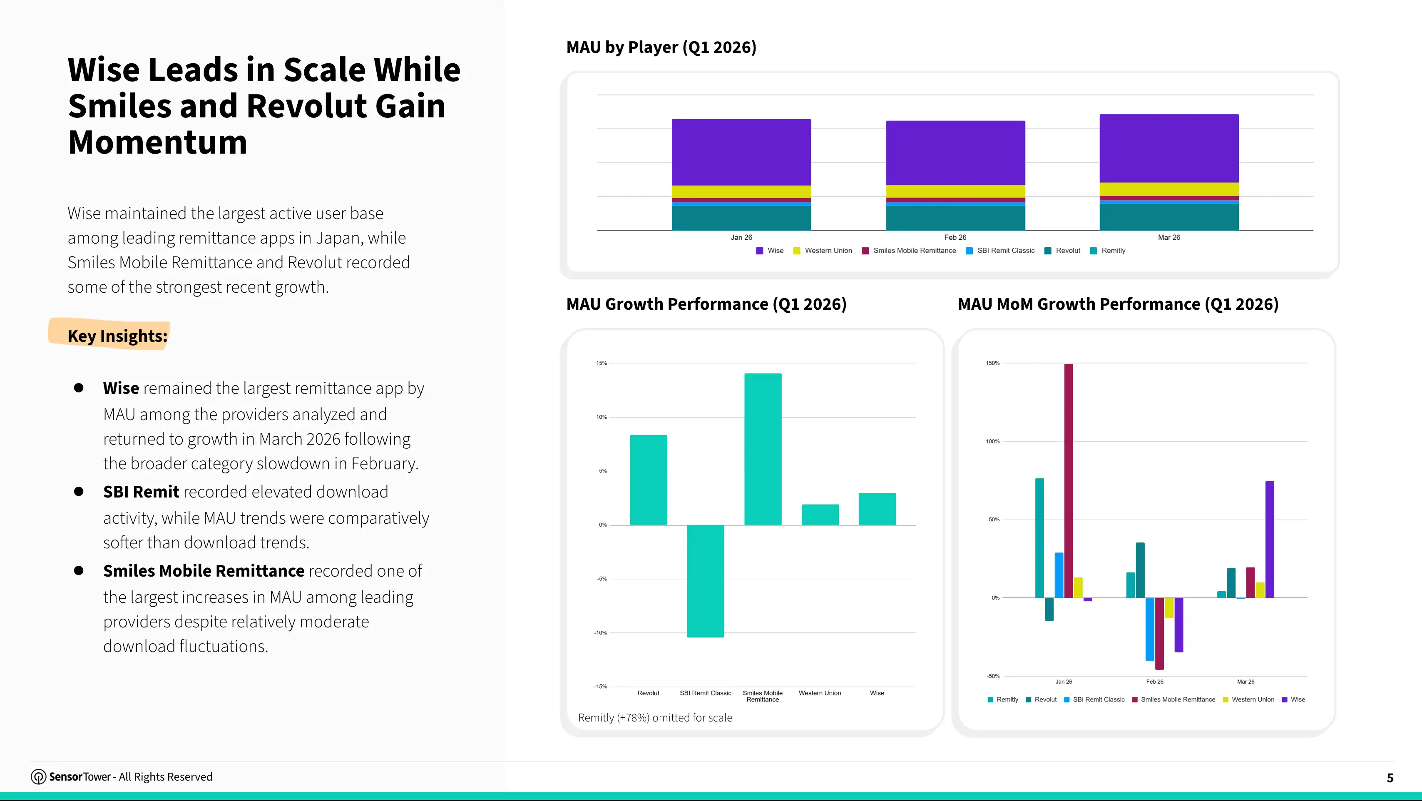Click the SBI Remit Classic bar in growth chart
click(x=706, y=581)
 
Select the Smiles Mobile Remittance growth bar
click(x=763, y=449)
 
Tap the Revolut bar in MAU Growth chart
click(x=649, y=480)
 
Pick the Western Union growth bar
click(x=820, y=515)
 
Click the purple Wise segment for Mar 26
click(x=1169, y=148)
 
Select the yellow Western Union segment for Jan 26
click(x=741, y=192)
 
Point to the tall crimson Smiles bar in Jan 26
click(x=1069, y=480)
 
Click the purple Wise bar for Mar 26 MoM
click(x=1270, y=539)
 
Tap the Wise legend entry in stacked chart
click(x=770, y=251)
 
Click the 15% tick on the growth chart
click(x=601, y=363)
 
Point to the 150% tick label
click(x=992, y=363)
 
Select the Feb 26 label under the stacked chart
click(x=955, y=237)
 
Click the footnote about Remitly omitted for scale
click(x=655, y=718)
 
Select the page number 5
click(x=1390, y=778)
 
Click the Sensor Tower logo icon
click(x=38, y=777)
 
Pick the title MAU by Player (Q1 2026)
click(x=661, y=47)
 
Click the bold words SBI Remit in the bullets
click(x=141, y=491)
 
